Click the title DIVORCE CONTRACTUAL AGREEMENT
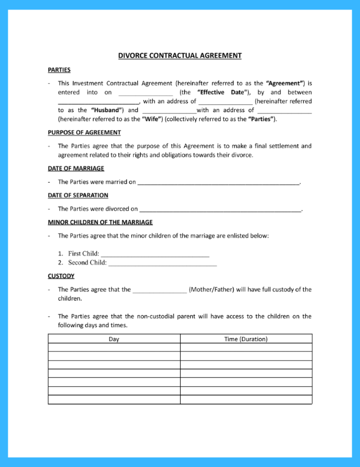179,55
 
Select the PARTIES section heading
59,70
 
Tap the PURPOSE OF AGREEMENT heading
84,132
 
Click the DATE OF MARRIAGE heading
76,168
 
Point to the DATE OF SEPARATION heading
78,195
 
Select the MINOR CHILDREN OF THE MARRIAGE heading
100,222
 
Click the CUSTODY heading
61,276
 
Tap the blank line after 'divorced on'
220,209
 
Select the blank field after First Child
155,254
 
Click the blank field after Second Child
162,263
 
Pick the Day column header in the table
114,339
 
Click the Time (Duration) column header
246,339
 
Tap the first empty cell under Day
114,348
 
